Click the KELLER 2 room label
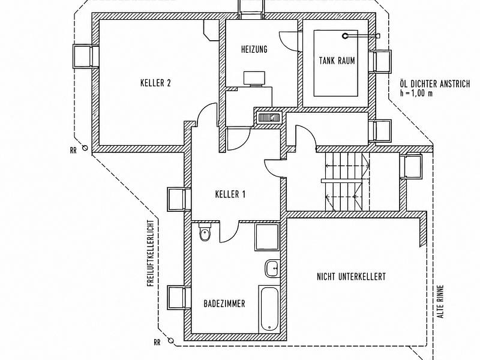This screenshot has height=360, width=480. coord(155,83)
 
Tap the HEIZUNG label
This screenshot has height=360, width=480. coord(254,49)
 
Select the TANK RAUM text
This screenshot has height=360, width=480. coord(337,61)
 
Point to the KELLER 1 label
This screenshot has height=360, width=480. coord(230,194)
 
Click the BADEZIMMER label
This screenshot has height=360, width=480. coord(224,304)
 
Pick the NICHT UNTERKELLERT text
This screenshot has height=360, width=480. coord(351,277)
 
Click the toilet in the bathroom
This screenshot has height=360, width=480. coord(205,232)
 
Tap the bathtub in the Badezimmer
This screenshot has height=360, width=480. coord(269,309)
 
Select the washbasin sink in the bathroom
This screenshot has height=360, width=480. coord(272,268)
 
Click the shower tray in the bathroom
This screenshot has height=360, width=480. coord(267,237)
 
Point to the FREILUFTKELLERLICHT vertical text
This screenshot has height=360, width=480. coord(150,253)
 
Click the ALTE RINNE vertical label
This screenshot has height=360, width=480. coord(441,302)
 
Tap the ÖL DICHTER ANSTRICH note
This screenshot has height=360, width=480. coord(434,83)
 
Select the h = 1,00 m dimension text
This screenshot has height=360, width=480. coord(416,94)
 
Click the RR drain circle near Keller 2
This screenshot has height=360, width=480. coord(85,148)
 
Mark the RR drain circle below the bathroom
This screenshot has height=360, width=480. coord(171,340)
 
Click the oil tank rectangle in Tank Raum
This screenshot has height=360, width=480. coord(336,63)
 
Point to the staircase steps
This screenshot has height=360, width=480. coord(347,182)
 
